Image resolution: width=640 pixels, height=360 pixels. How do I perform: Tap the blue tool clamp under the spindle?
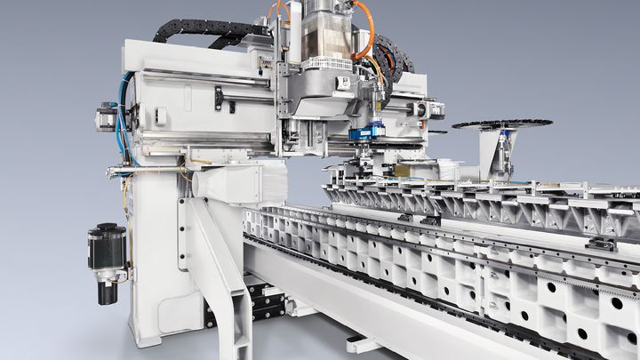[366, 132]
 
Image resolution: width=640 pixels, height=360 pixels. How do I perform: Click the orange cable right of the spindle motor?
[364, 27]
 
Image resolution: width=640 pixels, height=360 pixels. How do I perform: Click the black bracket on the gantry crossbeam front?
[219, 98]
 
